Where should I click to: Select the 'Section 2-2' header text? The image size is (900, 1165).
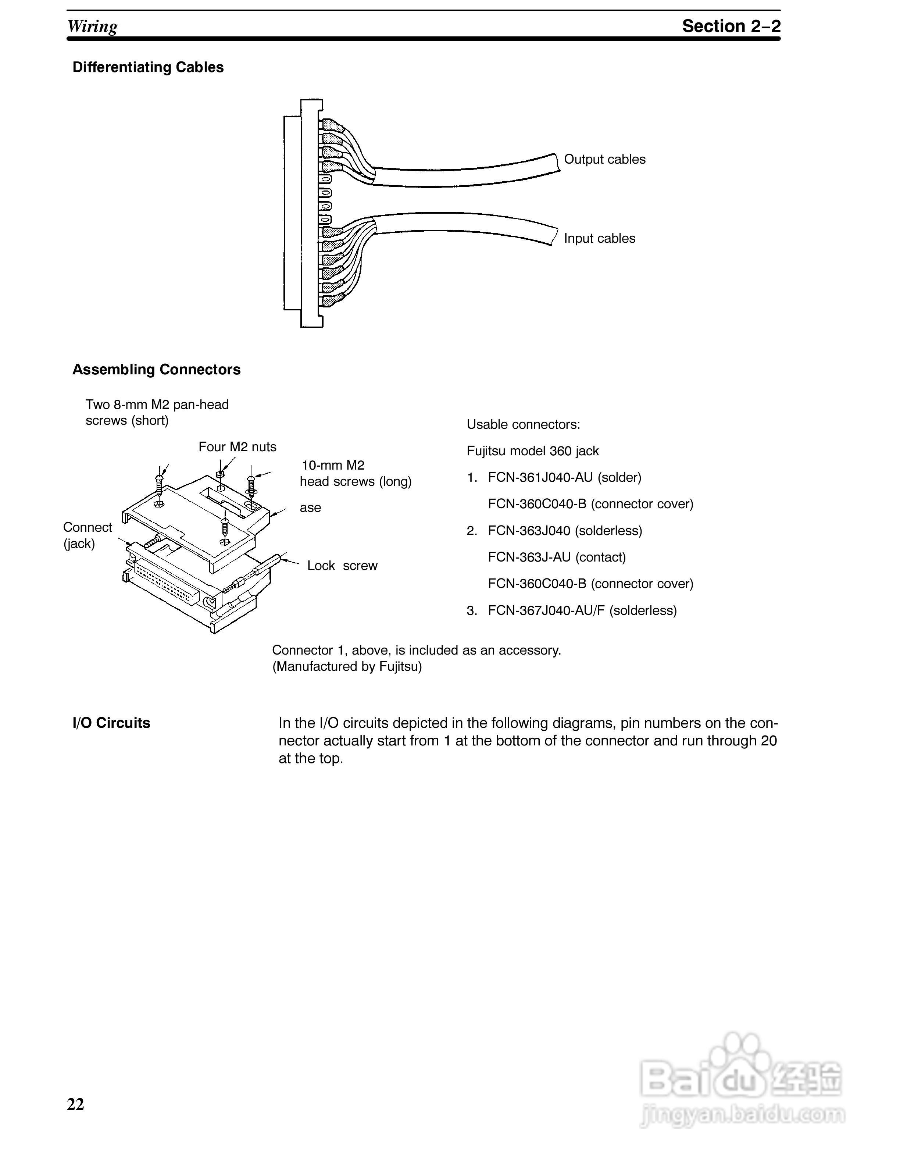tap(731, 26)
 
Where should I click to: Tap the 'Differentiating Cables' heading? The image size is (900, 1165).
tap(148, 67)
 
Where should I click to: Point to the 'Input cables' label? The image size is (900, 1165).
tap(599, 238)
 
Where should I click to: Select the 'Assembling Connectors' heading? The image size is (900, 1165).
tap(156, 369)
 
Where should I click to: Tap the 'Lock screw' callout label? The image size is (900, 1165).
tap(342, 566)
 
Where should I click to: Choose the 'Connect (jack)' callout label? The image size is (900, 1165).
tap(87, 535)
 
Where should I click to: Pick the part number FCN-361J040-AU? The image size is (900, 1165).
tap(540, 477)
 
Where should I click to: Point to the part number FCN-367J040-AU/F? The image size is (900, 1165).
tap(546, 610)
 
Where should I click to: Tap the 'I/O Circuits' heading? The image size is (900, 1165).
tap(111, 723)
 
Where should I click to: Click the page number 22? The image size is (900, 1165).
tap(75, 1104)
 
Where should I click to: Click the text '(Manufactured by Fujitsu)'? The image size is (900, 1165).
tap(347, 666)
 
